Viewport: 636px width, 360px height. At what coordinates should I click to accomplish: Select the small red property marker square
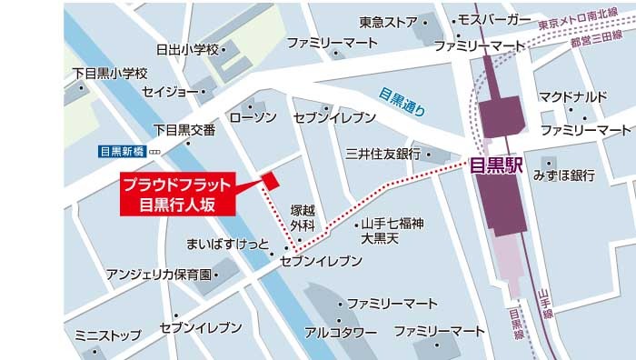[270, 180]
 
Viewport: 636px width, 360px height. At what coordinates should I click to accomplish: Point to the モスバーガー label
[495, 19]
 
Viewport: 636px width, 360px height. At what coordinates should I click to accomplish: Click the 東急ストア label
[388, 21]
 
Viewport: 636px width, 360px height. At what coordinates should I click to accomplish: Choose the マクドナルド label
[572, 95]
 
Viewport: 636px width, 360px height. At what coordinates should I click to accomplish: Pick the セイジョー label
[169, 92]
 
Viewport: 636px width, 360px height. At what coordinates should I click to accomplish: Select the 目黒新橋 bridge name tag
[123, 151]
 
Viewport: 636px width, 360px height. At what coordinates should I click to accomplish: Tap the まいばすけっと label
[227, 244]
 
